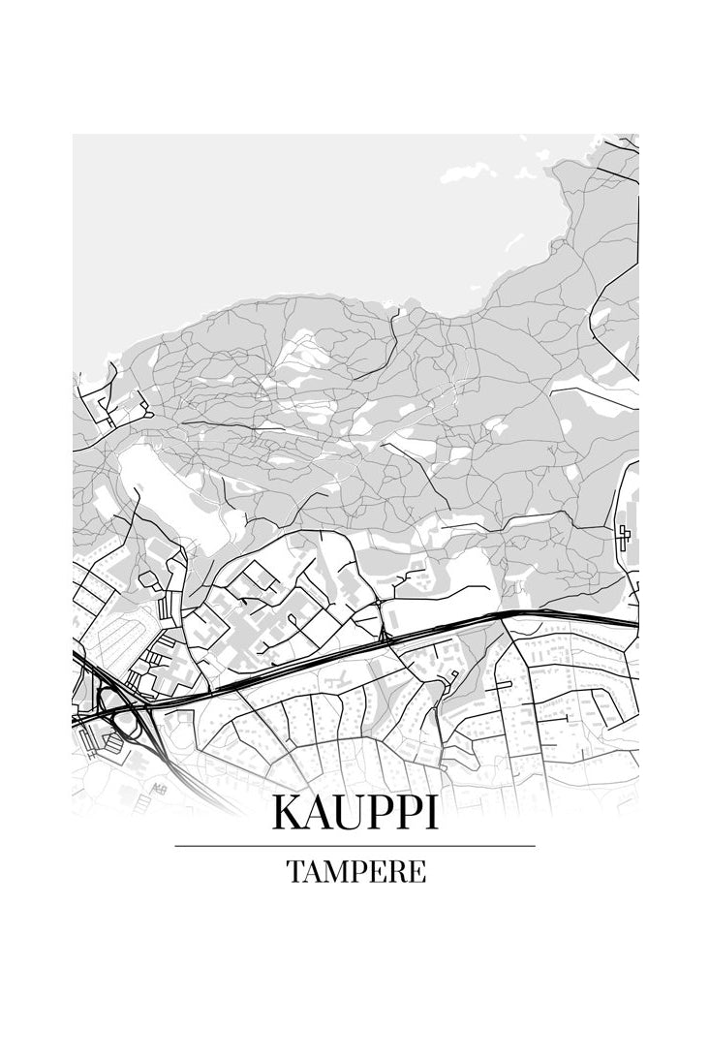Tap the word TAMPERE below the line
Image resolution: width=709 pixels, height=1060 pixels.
(355, 872)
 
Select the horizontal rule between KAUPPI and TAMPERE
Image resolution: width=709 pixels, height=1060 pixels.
(354, 846)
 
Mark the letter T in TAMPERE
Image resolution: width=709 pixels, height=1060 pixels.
(293, 872)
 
